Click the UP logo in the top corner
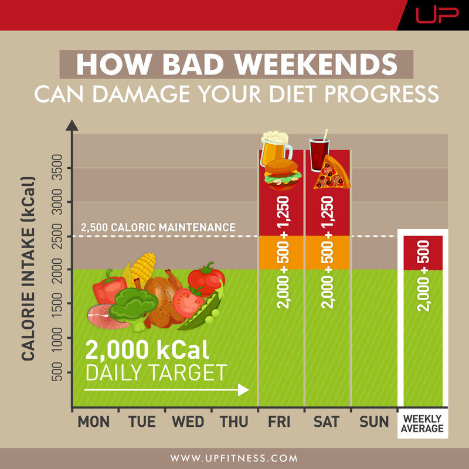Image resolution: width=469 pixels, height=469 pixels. [437, 15]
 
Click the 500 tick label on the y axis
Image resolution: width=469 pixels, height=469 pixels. [57, 372]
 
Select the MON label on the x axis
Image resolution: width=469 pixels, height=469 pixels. [93, 422]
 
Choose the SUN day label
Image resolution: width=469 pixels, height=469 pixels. [374, 422]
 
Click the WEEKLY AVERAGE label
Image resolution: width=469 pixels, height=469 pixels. [422, 423]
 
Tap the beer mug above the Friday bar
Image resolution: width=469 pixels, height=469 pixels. [275, 148]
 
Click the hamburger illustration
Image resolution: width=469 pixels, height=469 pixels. [283, 174]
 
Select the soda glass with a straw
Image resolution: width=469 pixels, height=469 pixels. [320, 151]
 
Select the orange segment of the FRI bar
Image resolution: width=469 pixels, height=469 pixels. [281, 253]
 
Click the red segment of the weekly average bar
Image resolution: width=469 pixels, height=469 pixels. [423, 253]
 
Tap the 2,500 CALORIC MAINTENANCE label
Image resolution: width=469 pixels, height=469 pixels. [158, 227]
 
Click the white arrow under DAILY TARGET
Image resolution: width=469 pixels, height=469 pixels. [166, 390]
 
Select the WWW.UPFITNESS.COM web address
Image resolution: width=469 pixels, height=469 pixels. [234, 458]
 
